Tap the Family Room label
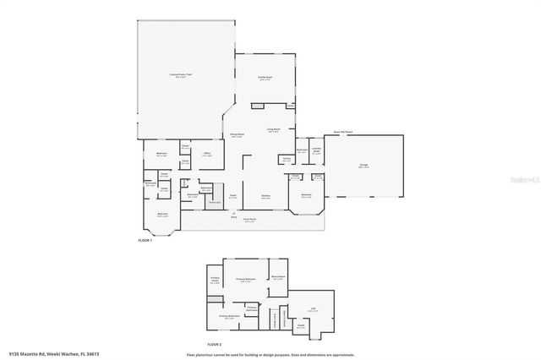265,77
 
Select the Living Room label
274,130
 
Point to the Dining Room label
238,134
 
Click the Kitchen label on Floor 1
265,196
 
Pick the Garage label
363,166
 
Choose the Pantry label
287,158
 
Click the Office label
206,153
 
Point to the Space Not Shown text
342,132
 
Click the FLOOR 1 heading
145,241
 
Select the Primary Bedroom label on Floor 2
246,279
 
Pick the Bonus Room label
277,276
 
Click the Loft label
313,309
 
